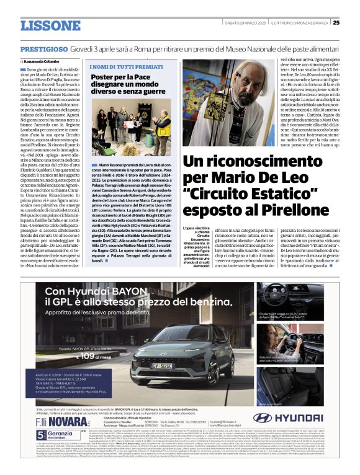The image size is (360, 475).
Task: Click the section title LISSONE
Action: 50,25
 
